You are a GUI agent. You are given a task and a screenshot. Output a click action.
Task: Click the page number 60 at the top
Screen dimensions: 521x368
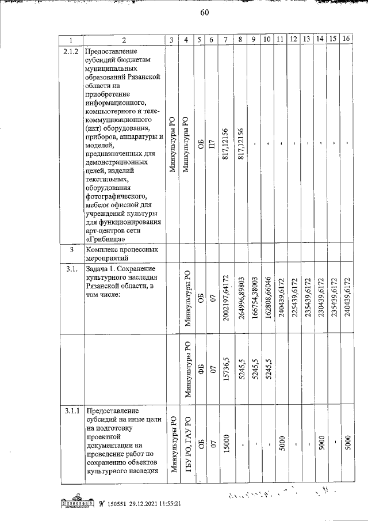coord(204,14)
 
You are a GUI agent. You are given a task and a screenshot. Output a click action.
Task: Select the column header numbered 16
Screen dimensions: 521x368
coord(346,39)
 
